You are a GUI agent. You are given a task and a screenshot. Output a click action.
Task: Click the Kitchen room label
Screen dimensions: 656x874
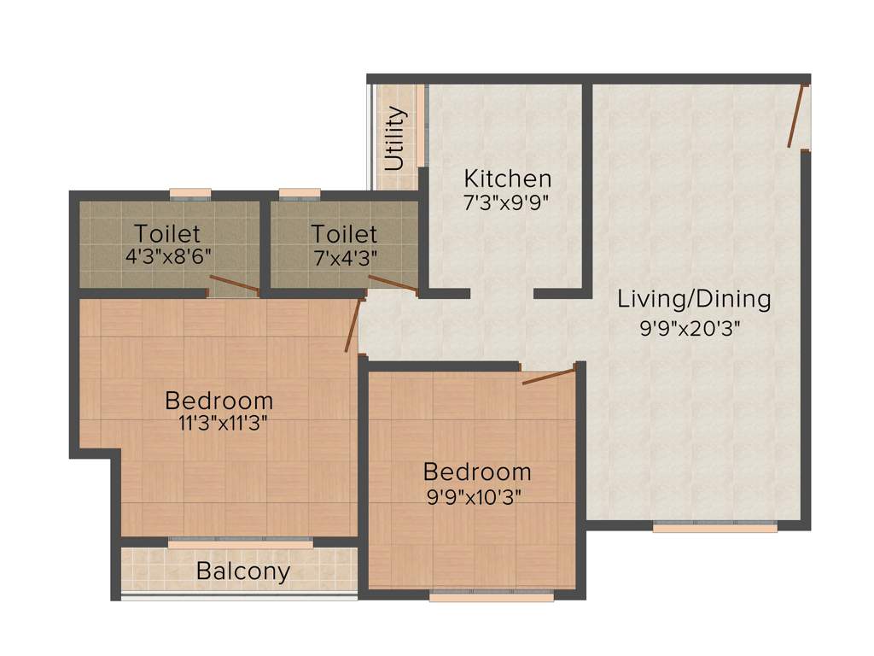click(507, 179)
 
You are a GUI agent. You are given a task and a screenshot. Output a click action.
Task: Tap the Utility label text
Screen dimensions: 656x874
click(394, 138)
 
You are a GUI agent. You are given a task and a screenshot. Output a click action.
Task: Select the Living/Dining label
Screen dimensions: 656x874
click(694, 299)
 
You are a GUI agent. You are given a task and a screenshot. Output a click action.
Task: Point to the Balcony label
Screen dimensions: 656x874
click(243, 571)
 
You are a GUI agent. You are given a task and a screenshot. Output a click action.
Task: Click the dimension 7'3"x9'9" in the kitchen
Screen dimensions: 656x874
click(505, 202)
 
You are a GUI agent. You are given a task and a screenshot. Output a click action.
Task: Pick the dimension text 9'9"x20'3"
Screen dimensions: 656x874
click(690, 328)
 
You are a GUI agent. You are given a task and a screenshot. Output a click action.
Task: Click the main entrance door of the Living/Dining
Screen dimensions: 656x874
click(796, 116)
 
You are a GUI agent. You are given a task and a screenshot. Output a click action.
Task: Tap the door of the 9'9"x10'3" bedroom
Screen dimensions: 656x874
click(549, 376)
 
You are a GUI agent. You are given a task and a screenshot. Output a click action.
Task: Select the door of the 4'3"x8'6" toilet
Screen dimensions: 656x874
click(235, 285)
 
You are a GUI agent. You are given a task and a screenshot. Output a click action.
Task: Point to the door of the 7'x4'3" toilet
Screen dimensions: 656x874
click(393, 285)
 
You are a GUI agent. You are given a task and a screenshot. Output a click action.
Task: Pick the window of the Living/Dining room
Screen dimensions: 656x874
click(714, 527)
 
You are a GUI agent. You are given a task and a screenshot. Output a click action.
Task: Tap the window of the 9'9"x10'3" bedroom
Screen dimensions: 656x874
click(491, 596)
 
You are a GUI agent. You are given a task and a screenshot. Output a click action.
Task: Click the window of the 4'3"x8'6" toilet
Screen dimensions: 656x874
click(189, 192)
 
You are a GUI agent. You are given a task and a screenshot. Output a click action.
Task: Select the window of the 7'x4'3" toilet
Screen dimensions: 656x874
click(300, 192)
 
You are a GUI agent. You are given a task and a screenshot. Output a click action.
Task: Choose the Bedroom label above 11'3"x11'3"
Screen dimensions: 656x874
click(219, 400)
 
